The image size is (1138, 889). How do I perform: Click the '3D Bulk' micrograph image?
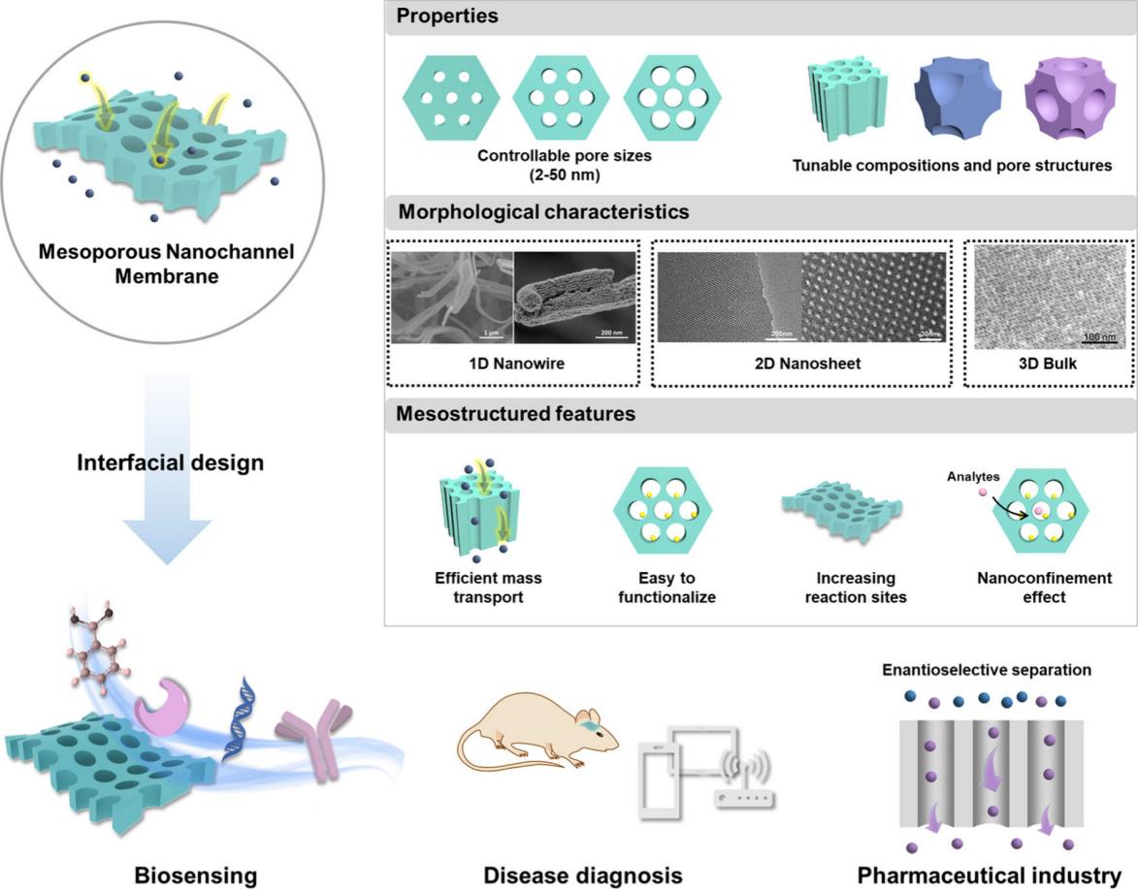(x=1049, y=296)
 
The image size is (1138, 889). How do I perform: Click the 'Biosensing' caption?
(x=196, y=876)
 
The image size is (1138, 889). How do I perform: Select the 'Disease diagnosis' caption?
(x=583, y=876)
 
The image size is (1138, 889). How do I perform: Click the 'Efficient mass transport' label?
(x=488, y=587)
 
